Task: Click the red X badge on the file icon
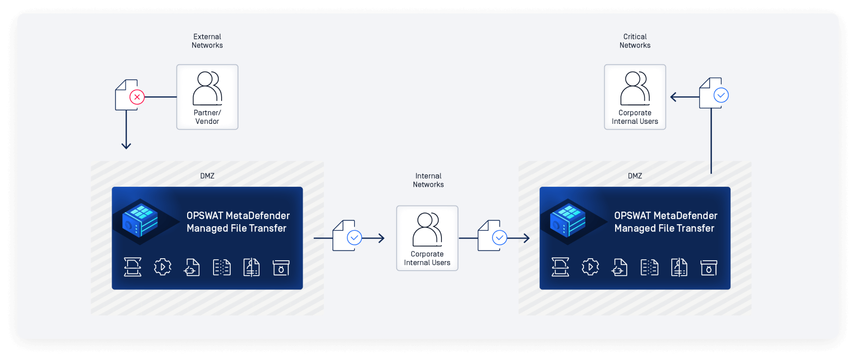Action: pos(137,97)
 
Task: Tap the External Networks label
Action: pos(207,41)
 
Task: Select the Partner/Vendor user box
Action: pos(207,97)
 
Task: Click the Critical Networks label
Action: pos(635,41)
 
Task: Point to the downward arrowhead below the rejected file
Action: pos(126,145)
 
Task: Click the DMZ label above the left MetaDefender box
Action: pos(207,176)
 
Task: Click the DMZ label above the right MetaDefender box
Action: pos(635,176)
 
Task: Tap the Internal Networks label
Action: pos(428,180)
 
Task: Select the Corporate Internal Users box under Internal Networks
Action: pos(427,238)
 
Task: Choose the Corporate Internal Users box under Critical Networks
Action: pos(635,97)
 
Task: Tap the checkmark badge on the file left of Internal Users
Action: pos(355,238)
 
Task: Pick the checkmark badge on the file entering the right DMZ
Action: pos(499,238)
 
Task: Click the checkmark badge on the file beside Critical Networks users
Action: pos(721,95)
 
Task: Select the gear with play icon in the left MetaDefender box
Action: pos(163,267)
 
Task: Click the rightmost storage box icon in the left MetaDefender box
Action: pos(281,267)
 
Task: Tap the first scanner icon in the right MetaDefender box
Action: pos(560,267)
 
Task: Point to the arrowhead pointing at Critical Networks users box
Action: pos(673,97)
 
